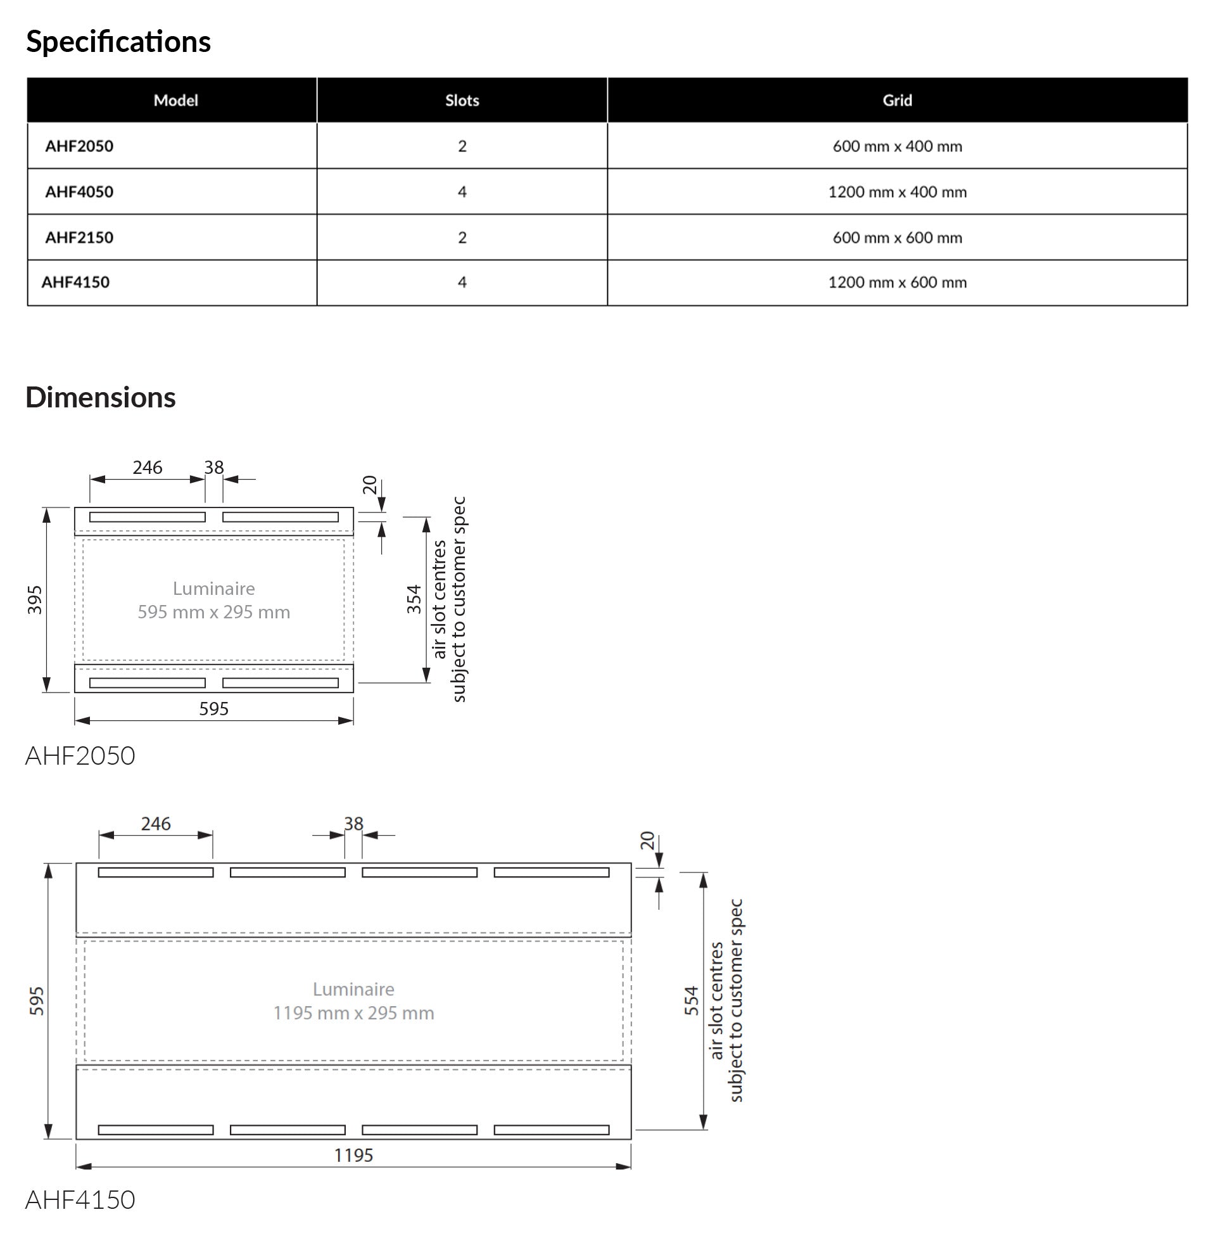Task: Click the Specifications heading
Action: click(118, 42)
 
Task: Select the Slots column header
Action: click(462, 100)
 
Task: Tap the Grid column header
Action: click(897, 100)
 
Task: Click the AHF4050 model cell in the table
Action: click(79, 191)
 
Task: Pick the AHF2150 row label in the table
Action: click(79, 238)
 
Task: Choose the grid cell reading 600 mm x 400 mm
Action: click(897, 146)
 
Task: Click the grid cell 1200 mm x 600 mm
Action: click(897, 283)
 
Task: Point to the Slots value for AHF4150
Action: click(462, 283)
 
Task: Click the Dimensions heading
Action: click(100, 397)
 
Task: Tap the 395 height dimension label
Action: click(35, 600)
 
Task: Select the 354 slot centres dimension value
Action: click(414, 599)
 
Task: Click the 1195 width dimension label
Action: click(353, 1155)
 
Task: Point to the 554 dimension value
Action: click(692, 1000)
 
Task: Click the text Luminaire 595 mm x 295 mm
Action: click(213, 601)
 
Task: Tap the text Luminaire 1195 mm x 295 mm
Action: click(353, 1001)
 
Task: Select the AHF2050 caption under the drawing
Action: click(80, 756)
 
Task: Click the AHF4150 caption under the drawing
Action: click(80, 1199)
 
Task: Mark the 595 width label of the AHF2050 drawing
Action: click(213, 708)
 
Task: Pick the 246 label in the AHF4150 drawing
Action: click(156, 824)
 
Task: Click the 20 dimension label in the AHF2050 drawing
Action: click(370, 485)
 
